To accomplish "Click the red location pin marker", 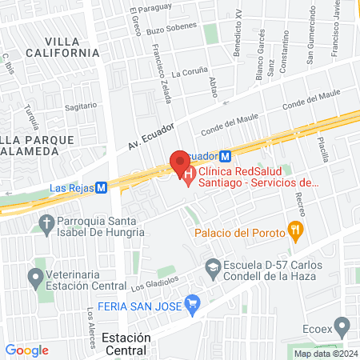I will click(179, 162).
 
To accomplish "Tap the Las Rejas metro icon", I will click(101, 187).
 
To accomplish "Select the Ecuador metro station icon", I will click(226, 157).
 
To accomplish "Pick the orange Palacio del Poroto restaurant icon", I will click(296, 233).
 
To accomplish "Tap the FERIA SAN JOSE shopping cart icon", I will click(191, 304).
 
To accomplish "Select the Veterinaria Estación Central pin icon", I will click(34, 279).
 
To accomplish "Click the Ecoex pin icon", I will click(342, 326).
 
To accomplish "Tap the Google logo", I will click(26, 350).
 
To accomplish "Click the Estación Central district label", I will click(126, 343).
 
